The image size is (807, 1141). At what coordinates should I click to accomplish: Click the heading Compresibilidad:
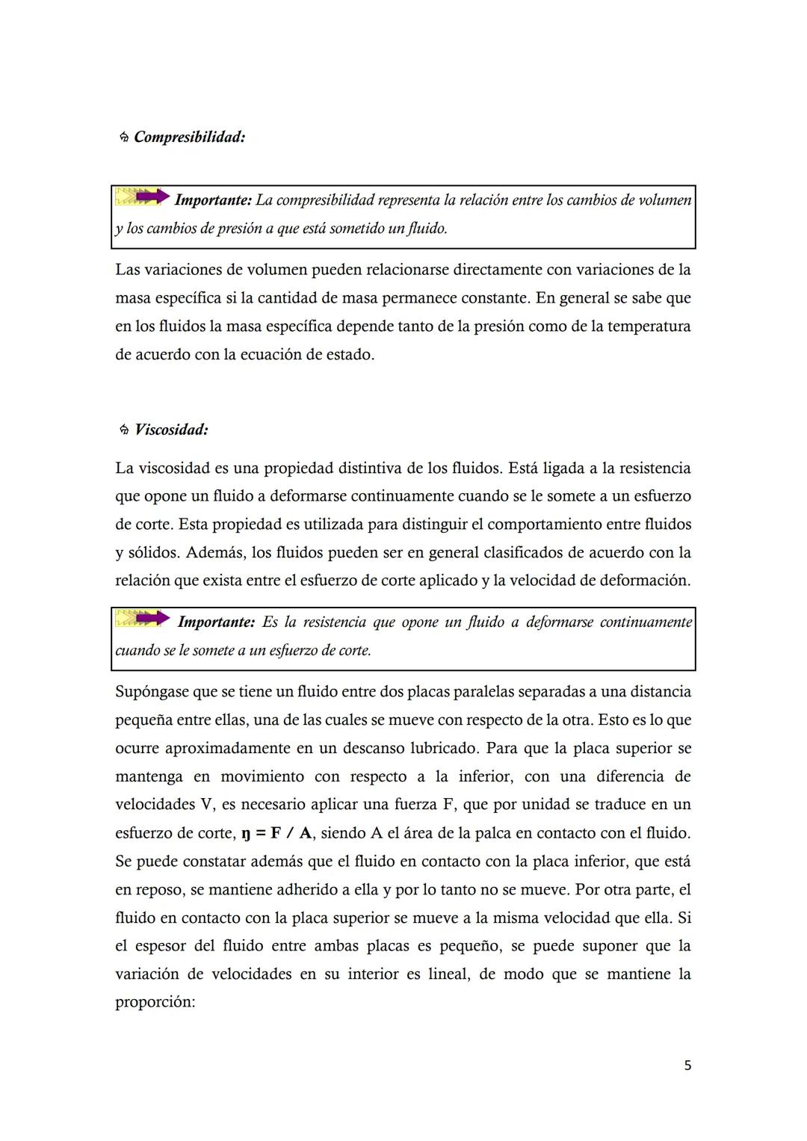[190, 137]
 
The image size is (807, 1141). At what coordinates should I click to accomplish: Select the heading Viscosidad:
[171, 430]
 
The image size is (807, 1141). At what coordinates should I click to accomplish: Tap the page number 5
[687, 1066]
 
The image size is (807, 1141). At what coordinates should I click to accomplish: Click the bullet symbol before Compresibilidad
[124, 138]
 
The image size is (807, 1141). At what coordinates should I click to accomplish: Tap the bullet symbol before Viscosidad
[124, 430]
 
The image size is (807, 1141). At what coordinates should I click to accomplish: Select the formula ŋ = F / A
[276, 833]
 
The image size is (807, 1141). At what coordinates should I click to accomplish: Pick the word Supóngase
[152, 692]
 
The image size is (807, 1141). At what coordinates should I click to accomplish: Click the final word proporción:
[155, 1003]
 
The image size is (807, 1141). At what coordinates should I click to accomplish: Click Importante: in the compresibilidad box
[212, 200]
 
